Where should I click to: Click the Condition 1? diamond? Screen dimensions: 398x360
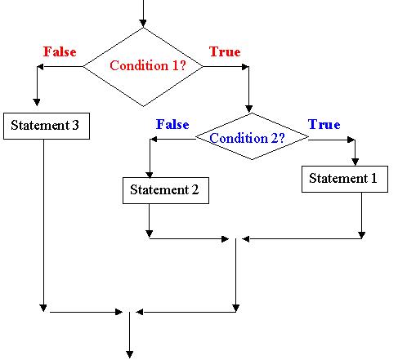[x=143, y=67]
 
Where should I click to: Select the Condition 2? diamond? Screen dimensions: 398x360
[x=252, y=136]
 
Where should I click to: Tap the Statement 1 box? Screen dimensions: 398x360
[x=345, y=179]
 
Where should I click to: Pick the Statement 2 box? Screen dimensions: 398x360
[x=166, y=190]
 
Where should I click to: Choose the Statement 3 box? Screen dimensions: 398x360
[x=47, y=126]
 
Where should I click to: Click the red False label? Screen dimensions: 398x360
[x=60, y=51]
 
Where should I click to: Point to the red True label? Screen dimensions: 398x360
[x=225, y=51]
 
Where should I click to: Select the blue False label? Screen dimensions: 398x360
[x=172, y=125]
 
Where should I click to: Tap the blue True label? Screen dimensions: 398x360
[x=324, y=125]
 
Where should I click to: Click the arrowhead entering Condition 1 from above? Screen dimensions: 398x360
[x=143, y=24]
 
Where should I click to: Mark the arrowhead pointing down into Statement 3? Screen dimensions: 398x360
[x=37, y=102]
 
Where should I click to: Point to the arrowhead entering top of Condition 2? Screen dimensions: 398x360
[x=248, y=109]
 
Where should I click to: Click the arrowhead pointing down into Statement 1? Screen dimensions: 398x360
[x=355, y=162]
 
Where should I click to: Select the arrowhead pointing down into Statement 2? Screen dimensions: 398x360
[x=150, y=174]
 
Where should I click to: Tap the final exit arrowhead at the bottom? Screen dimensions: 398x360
[x=130, y=354]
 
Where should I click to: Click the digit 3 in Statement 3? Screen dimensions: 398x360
[x=75, y=125]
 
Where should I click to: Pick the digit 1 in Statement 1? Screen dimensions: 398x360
[x=373, y=178]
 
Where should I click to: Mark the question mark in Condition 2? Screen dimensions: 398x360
[x=281, y=138]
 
